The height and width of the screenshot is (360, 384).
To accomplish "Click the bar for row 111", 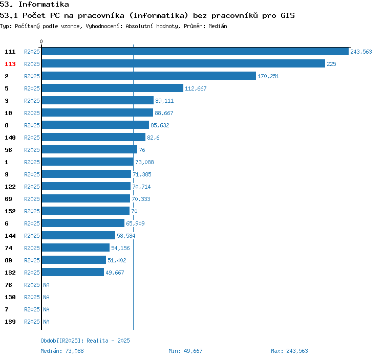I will (195, 52).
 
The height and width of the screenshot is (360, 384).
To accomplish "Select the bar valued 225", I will (183, 64).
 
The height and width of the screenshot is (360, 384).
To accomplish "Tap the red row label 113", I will (10, 64).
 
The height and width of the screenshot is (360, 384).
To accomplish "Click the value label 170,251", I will (268, 76).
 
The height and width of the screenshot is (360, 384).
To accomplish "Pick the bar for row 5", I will (112, 88).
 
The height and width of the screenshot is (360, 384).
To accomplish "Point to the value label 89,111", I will (164, 101).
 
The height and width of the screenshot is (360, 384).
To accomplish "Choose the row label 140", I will (10, 138).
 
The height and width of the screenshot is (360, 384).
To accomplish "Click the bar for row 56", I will (89, 150).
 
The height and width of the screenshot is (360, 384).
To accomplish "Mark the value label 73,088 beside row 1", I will (144, 162).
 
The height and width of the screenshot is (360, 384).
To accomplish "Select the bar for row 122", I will (86, 187).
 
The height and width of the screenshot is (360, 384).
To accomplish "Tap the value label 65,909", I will (136, 223).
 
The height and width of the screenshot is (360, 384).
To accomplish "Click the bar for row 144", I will (78, 236).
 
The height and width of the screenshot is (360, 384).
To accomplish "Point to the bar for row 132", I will (73, 273).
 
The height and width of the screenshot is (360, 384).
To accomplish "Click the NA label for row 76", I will (46, 285).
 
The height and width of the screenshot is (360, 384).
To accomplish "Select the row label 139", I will (10, 322).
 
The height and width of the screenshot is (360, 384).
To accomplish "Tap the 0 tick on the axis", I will (41, 41).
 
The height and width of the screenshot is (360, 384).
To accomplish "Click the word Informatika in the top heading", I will (44, 5).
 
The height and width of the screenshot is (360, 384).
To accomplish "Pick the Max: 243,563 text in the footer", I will (289, 351).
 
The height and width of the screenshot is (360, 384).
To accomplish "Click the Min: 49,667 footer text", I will (185, 351).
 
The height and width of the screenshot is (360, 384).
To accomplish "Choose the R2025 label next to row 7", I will (32, 309).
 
